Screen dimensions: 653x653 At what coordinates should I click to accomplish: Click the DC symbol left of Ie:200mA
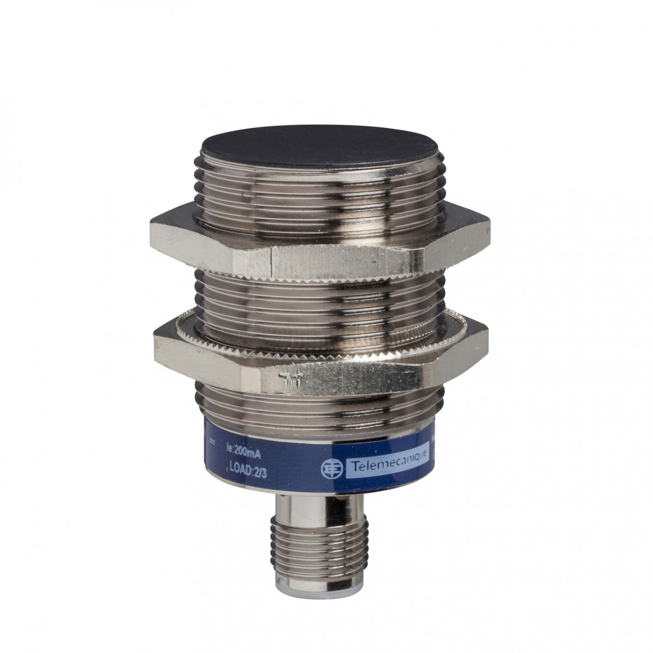(x=213, y=448)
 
